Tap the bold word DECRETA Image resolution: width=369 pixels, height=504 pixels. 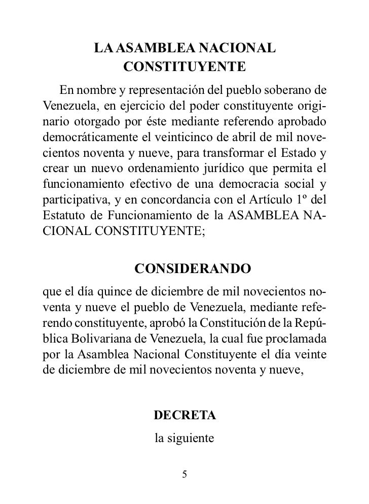click(x=184, y=416)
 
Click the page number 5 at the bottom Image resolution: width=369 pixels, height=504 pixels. click(x=184, y=475)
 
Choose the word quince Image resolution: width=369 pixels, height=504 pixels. click(x=120, y=294)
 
